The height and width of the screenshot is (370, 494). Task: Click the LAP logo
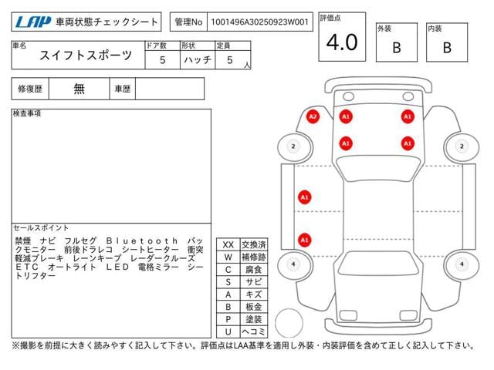33,22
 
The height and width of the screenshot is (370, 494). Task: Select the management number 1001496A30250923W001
259,22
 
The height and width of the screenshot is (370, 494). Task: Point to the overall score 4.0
342,42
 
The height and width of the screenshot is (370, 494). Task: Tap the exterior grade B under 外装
397,48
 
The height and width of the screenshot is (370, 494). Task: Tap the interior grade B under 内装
447,48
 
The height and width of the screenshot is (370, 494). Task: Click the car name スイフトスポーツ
86,55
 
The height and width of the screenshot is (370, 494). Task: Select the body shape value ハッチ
198,60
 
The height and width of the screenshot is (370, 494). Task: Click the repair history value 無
79,89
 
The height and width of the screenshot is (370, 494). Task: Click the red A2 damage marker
313,116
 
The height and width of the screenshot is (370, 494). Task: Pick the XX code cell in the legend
228,244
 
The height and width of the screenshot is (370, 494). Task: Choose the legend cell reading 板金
254,307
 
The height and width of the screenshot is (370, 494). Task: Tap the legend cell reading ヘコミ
254,331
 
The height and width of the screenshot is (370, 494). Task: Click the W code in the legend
228,257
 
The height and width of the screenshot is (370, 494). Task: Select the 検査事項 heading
27,113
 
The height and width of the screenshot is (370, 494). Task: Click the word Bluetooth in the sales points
142,241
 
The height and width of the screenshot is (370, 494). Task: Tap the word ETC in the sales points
27,267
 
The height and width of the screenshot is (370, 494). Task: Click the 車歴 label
123,89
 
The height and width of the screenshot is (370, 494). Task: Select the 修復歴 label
30,89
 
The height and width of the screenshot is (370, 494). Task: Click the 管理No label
188,22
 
